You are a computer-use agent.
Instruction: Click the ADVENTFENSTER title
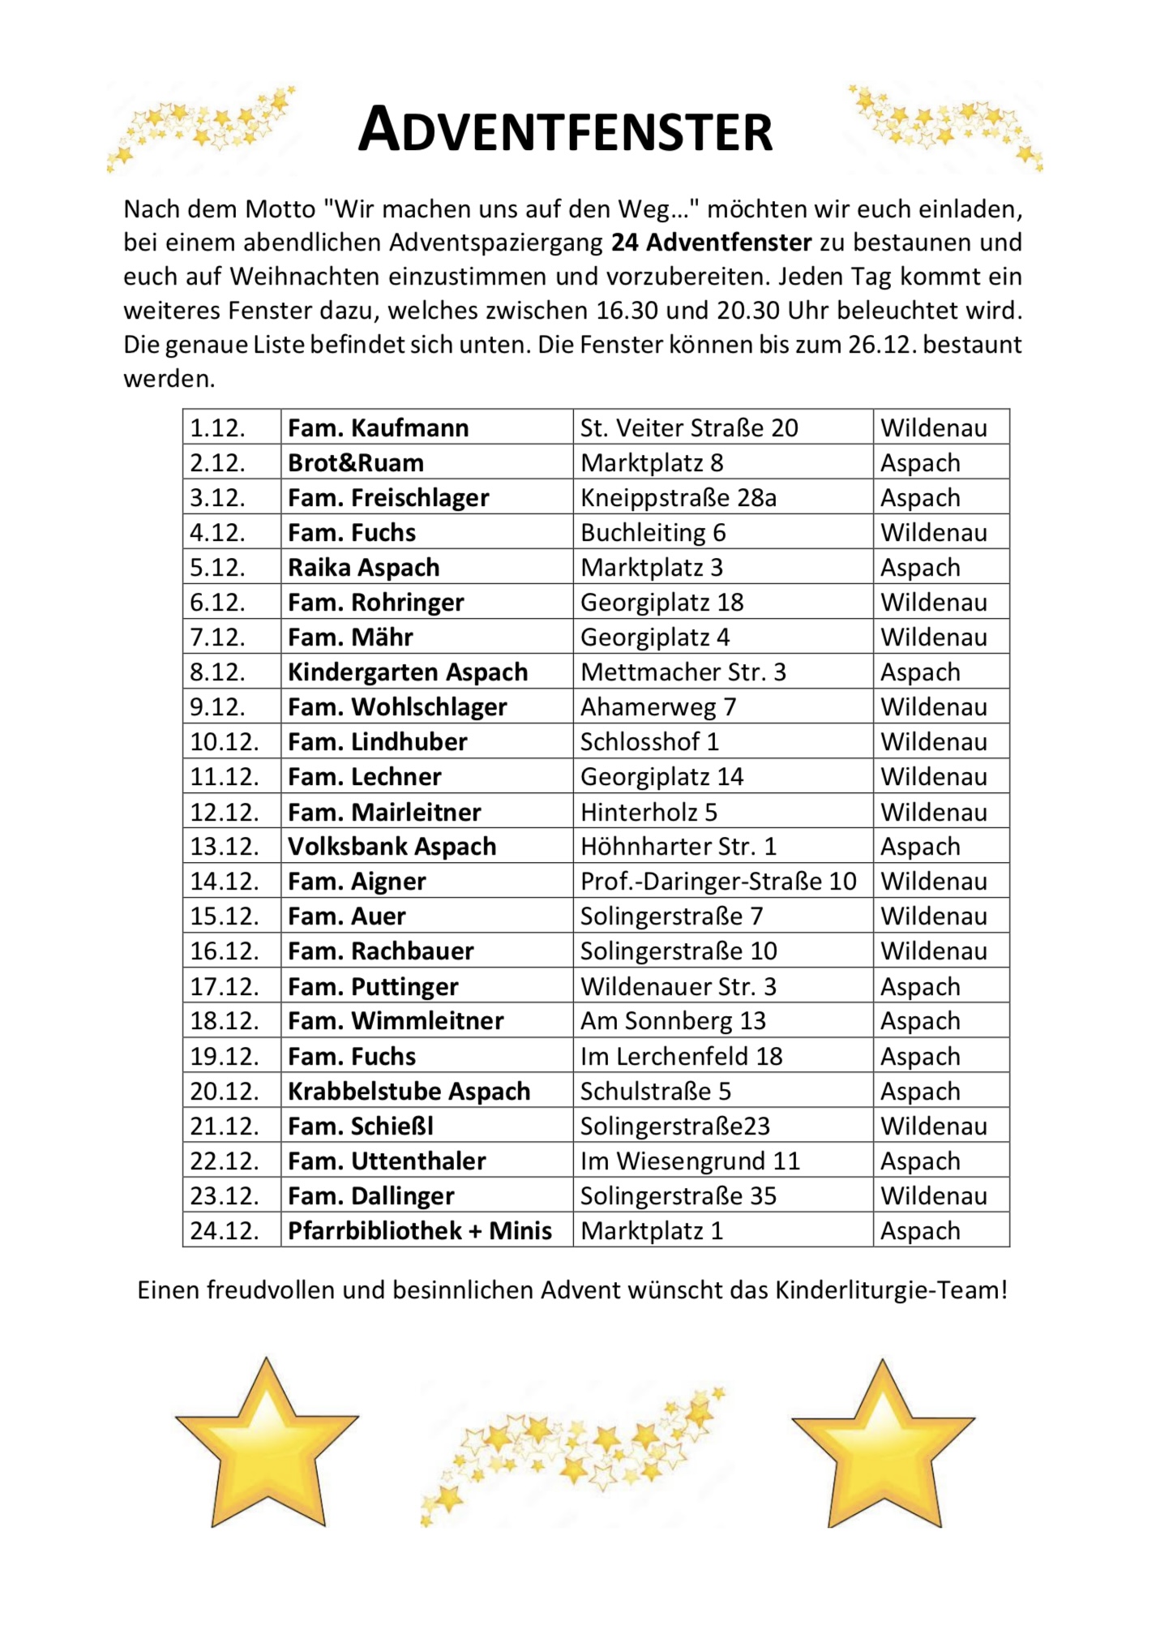565,131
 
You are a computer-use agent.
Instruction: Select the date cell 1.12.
217,427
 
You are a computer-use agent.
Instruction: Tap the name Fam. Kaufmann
378,427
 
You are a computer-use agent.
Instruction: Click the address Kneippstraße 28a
678,497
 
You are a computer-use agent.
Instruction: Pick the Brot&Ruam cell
356,462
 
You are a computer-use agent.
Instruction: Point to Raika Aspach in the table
363,567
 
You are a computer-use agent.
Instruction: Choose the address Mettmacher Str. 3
683,671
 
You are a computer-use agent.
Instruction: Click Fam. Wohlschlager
397,706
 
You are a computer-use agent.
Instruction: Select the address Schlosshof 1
649,741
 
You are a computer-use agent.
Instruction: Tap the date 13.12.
225,846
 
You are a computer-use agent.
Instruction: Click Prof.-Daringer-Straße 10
718,881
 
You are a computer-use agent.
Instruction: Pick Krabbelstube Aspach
409,1091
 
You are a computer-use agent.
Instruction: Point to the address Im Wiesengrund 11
690,1160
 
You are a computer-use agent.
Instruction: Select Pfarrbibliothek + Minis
419,1230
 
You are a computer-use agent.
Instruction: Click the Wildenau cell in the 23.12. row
934,1195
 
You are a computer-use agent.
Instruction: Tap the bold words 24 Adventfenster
711,242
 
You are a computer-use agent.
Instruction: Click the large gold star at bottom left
267,1448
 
